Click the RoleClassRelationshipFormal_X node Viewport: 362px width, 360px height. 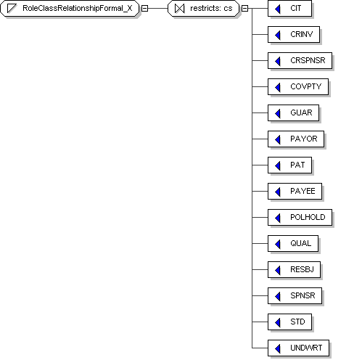click(x=70, y=9)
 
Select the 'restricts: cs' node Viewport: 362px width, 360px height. click(x=204, y=9)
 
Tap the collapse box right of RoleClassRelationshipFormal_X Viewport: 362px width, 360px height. click(x=144, y=9)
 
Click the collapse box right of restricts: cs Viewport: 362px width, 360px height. click(x=244, y=9)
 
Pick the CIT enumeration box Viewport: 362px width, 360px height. click(x=289, y=9)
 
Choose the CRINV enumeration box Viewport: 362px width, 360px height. click(x=294, y=35)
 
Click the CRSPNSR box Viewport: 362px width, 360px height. click(x=300, y=61)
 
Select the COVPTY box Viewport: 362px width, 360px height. click(x=298, y=87)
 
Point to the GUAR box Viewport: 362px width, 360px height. click(x=293, y=113)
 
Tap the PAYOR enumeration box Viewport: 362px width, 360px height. click(x=296, y=139)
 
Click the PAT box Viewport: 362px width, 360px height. click(x=289, y=165)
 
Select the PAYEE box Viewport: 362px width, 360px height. click(x=295, y=192)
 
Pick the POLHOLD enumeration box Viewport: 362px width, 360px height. click(x=300, y=218)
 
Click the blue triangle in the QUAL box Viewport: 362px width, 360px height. click(x=278, y=244)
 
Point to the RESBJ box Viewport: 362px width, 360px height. click(x=294, y=270)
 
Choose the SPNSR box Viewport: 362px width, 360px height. click(x=295, y=296)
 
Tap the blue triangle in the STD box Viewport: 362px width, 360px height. click(x=278, y=322)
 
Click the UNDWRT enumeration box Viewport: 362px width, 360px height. click(x=298, y=348)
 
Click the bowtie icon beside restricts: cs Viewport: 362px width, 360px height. click(x=179, y=9)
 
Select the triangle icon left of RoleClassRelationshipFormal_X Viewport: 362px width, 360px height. click(x=12, y=9)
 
